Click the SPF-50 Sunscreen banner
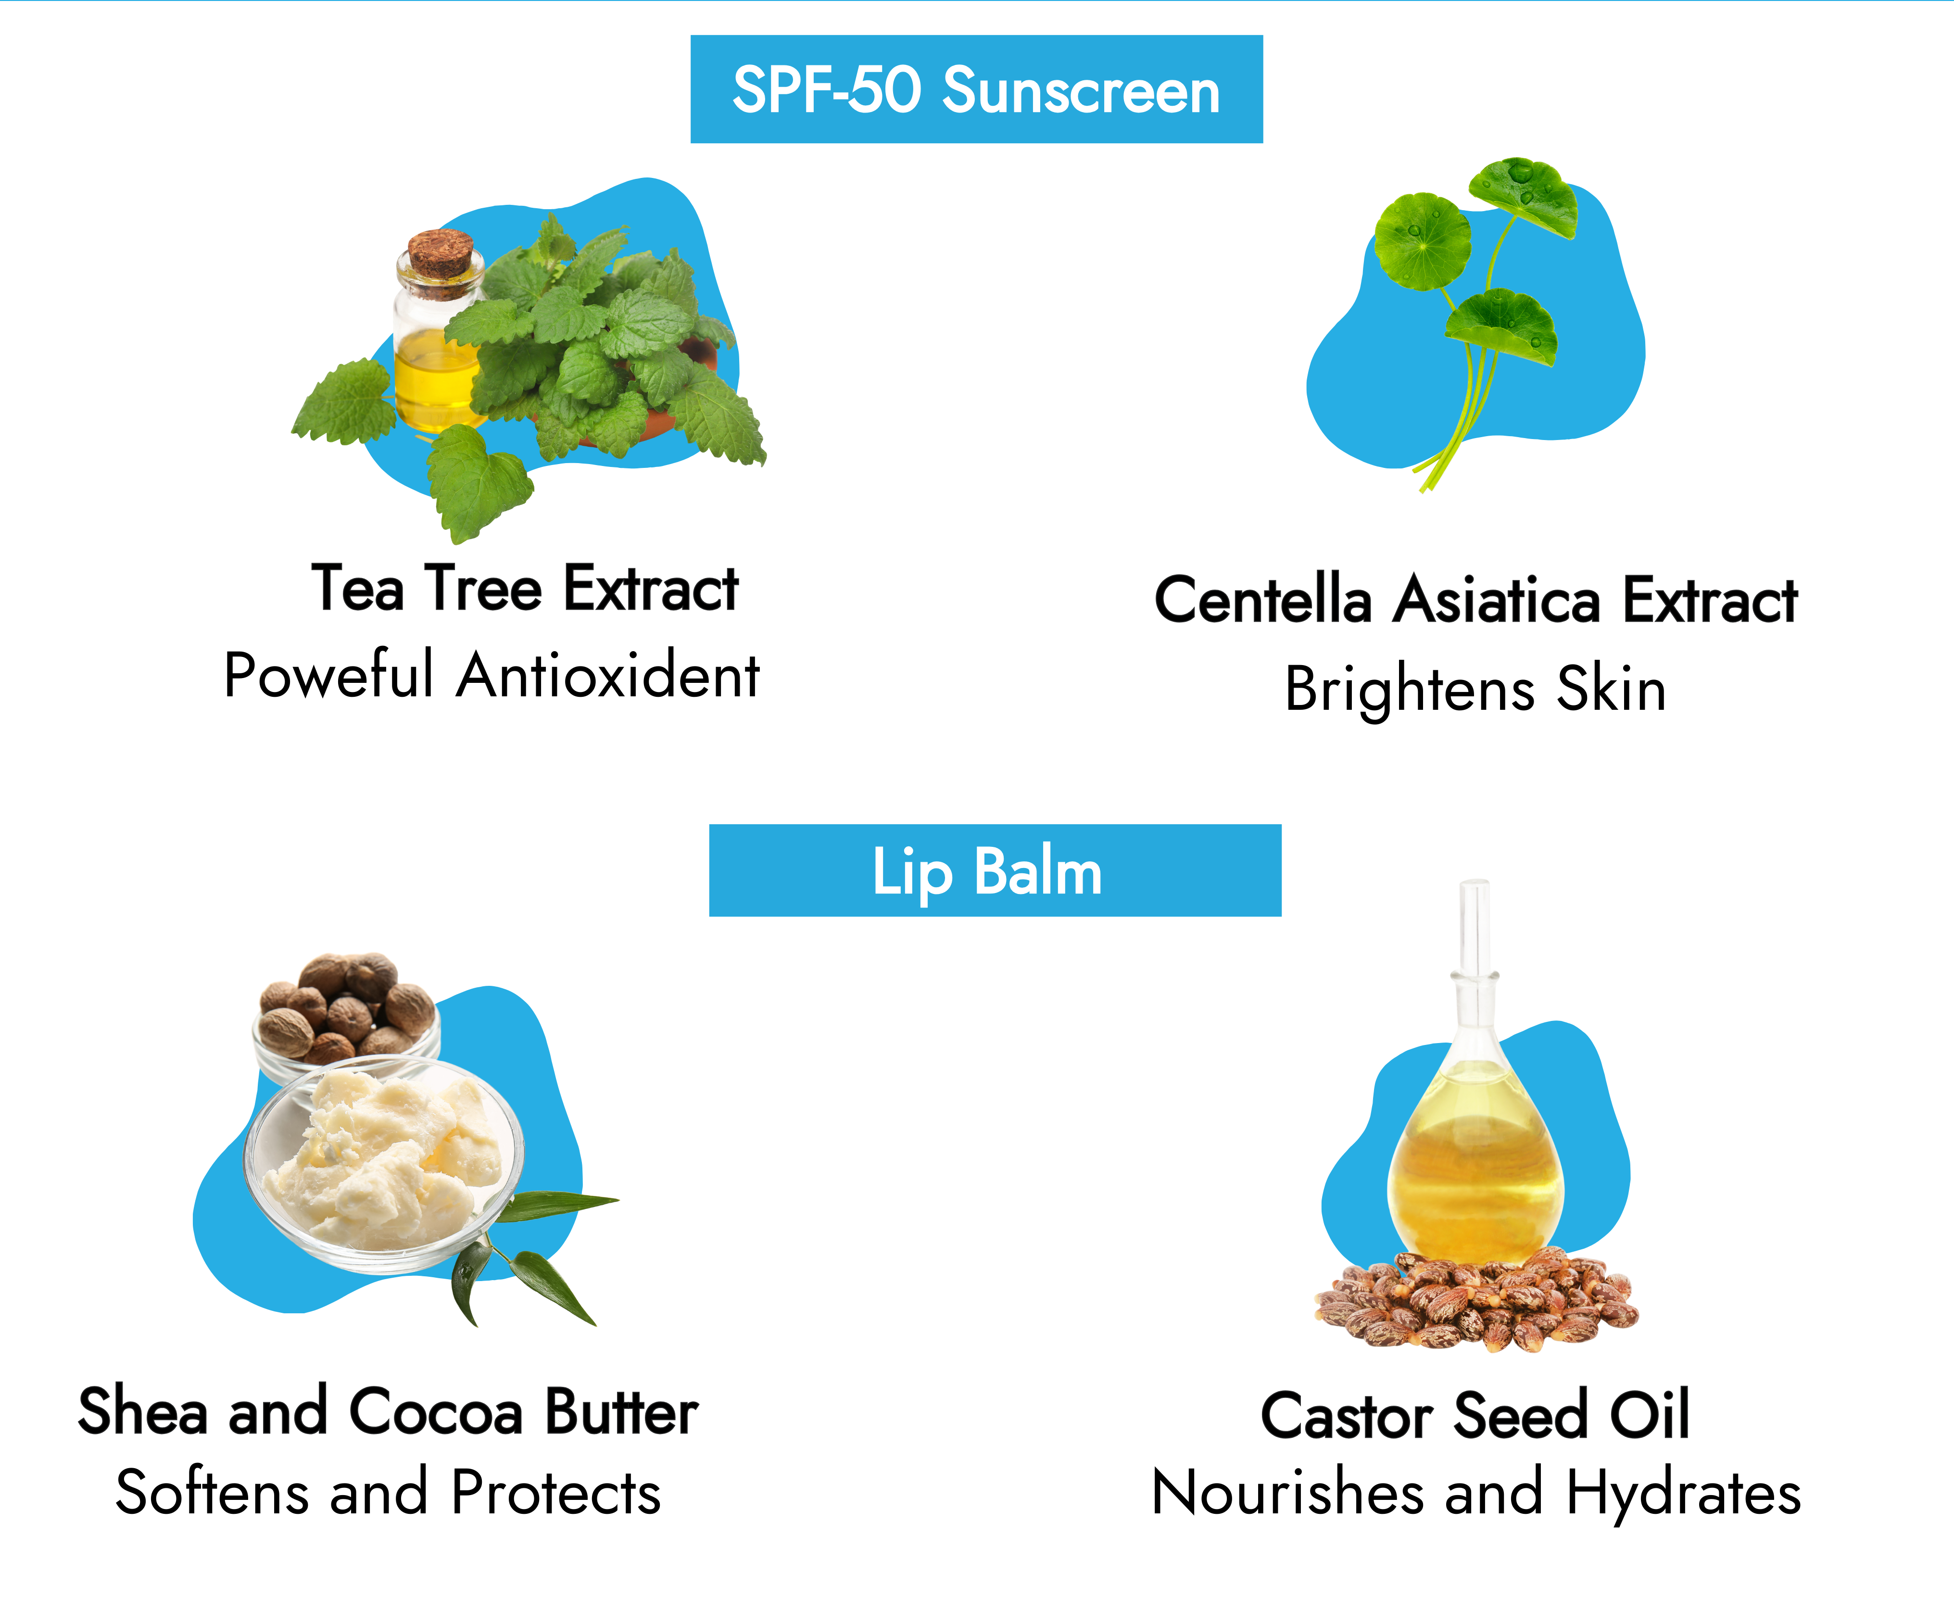tap(976, 89)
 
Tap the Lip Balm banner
tap(995, 870)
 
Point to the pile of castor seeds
tap(1476, 1301)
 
